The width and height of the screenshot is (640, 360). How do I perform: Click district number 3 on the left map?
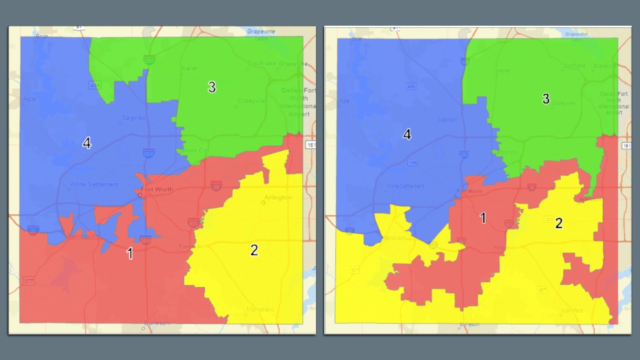(x=212, y=87)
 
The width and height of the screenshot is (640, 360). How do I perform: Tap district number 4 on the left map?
(x=87, y=143)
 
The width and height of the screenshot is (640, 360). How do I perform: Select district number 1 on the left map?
(x=130, y=254)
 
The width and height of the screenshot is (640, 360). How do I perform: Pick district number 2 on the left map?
(x=254, y=250)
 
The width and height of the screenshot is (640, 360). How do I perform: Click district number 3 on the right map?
(x=546, y=99)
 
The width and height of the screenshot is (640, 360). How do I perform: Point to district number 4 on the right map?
(x=407, y=135)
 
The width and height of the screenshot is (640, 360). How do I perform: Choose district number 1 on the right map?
(x=483, y=218)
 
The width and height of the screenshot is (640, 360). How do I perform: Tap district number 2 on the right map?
(x=559, y=223)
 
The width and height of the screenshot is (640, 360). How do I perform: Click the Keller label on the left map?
(x=190, y=68)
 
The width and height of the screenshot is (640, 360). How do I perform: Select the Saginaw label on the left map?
(x=134, y=118)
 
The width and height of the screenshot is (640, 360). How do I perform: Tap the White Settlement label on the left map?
(x=94, y=184)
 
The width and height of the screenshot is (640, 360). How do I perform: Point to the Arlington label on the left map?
(x=278, y=197)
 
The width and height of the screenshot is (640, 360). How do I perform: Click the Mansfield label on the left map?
(x=260, y=309)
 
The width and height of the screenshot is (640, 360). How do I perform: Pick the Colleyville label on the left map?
(x=251, y=101)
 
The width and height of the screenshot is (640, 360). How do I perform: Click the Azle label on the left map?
(x=29, y=99)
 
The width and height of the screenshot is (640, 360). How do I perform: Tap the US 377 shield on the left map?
(x=29, y=281)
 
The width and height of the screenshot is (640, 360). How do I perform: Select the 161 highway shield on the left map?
(x=311, y=145)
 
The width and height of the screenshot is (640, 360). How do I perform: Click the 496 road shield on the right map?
(x=411, y=87)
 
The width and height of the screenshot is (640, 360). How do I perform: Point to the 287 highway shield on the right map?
(x=542, y=290)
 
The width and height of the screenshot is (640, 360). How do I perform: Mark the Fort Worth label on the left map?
(x=157, y=189)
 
